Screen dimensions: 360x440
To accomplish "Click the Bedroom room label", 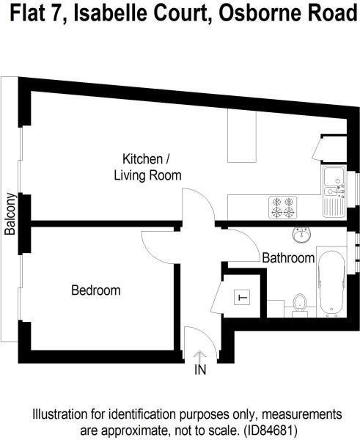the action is coord(96,290).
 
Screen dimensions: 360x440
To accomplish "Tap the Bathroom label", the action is coord(288,258).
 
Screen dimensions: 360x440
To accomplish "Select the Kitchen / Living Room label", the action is coord(147,167).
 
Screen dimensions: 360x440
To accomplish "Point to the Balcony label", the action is coord(10,214).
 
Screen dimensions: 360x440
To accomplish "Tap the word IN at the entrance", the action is coord(200,370).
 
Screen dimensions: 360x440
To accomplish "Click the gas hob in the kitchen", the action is coord(283,208).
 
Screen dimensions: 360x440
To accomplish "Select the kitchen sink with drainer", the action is coord(334,191).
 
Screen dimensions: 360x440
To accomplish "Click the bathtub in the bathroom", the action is coord(332,283).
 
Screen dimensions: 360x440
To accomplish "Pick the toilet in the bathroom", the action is coord(300,306).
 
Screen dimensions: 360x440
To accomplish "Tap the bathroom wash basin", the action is coord(301,235).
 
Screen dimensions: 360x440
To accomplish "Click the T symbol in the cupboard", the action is coord(242,297).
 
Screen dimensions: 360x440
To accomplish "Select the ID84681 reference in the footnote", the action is coord(271,430).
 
